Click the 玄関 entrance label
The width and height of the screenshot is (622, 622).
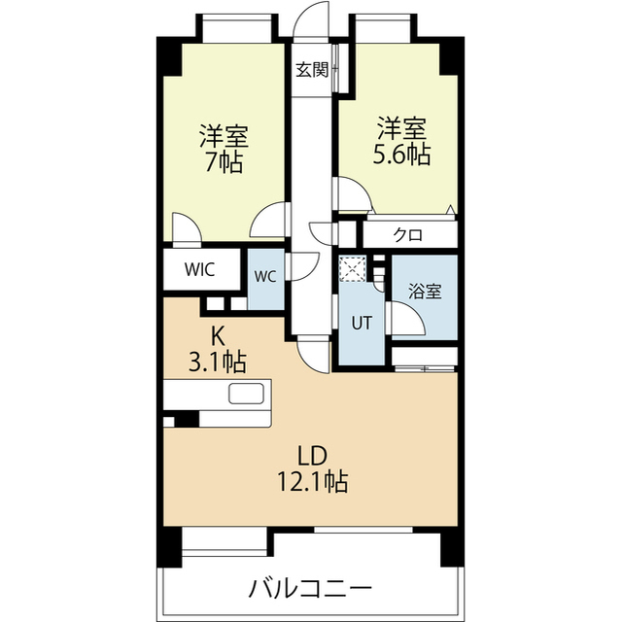click(x=313, y=69)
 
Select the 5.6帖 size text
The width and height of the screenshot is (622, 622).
click(x=402, y=155)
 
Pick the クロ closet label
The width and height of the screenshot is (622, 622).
click(x=407, y=234)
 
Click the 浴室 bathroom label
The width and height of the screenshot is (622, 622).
click(x=424, y=291)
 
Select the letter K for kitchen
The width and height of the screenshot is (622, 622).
click(x=218, y=336)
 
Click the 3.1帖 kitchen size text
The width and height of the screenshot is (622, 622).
click(x=218, y=363)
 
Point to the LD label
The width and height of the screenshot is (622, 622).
click(x=310, y=454)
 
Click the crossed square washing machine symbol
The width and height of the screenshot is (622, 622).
click(x=350, y=268)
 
